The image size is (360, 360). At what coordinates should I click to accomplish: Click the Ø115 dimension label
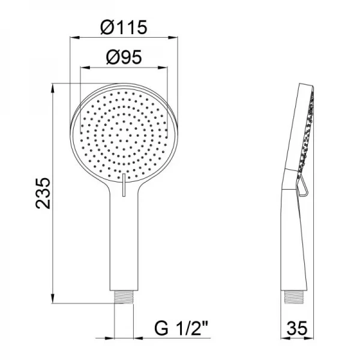(124, 28)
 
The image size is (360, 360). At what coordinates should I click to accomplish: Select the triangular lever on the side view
(305, 185)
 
